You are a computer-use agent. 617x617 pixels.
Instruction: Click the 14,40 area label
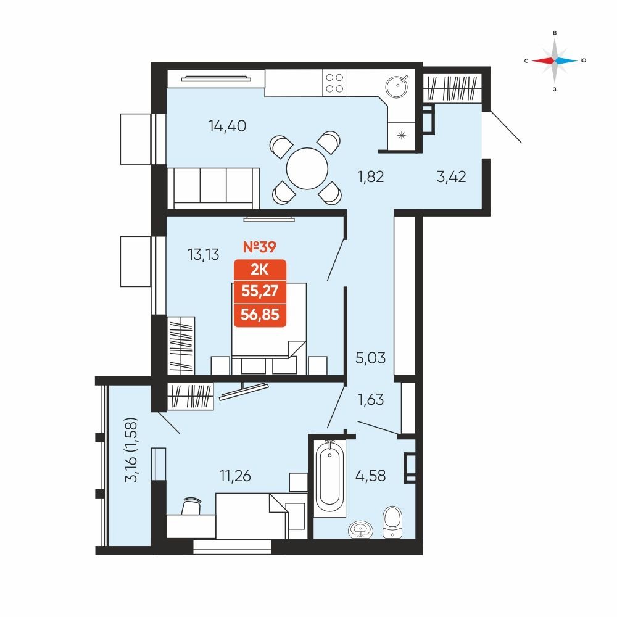(228, 126)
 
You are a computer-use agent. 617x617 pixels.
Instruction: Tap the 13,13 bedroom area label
(204, 255)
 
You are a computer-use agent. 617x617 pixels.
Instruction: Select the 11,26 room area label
(235, 476)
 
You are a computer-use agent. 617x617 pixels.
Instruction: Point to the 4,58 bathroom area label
(371, 476)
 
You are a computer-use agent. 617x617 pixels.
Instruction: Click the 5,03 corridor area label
(371, 358)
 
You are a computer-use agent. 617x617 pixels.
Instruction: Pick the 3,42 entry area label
(452, 176)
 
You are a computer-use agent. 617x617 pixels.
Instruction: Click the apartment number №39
(260, 247)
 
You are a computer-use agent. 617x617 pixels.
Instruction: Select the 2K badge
(260, 270)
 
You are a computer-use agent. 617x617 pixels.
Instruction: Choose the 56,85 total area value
(260, 315)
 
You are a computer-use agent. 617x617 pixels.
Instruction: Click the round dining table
(307, 168)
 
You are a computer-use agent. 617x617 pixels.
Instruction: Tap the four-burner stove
(334, 83)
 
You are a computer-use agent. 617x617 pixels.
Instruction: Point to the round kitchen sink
(397, 86)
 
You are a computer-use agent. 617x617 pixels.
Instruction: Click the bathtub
(329, 478)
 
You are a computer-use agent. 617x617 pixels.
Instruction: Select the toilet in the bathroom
(392, 522)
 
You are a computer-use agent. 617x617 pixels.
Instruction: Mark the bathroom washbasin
(360, 529)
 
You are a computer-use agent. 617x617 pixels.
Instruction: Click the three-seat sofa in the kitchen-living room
(213, 188)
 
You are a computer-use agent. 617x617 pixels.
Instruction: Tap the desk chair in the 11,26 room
(191, 506)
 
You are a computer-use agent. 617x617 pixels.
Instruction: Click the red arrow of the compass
(543, 60)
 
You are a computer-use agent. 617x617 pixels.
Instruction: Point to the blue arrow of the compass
(566, 60)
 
